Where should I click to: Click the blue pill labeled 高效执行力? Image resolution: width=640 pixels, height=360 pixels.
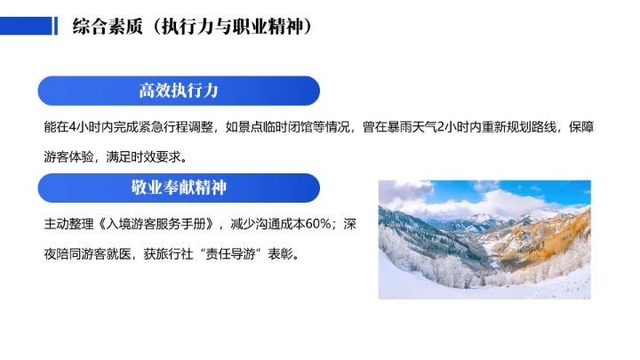click(x=179, y=91)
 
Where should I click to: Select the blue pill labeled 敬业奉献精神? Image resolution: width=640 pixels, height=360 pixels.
click(x=179, y=188)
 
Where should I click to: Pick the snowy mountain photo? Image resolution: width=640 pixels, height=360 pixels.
click(x=484, y=239)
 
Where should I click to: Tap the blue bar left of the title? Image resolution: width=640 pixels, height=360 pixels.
click(x=27, y=26)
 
